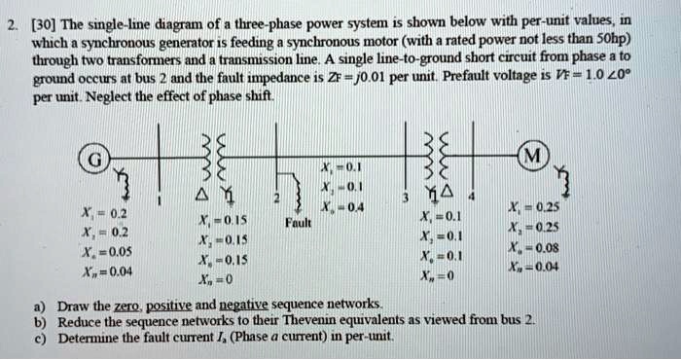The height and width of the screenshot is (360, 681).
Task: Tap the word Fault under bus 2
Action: (x=298, y=221)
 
